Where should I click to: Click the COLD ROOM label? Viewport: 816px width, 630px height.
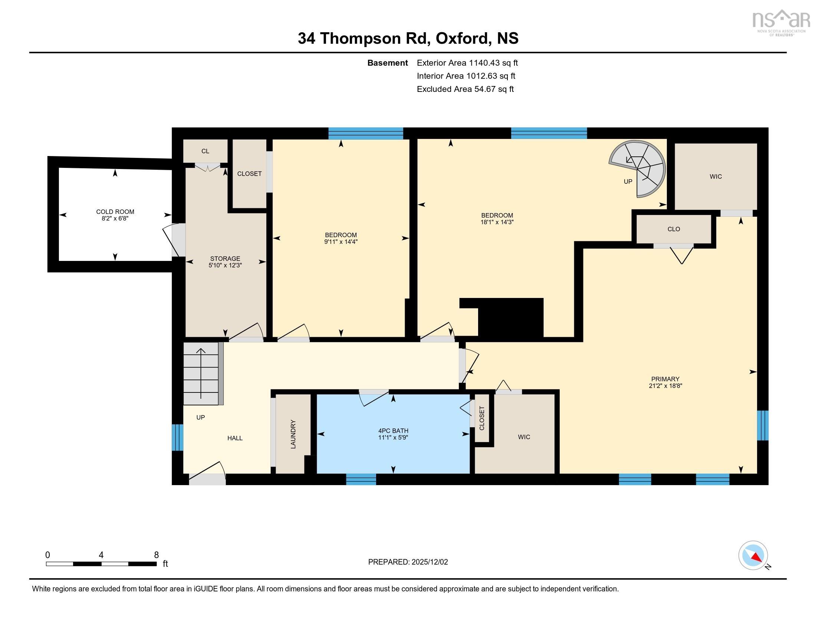pyautogui.click(x=115, y=215)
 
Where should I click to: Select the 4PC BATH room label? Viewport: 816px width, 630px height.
pyautogui.click(x=393, y=434)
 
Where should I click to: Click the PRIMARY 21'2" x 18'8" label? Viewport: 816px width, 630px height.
pyautogui.click(x=665, y=382)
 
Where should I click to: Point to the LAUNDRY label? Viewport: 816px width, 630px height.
pyautogui.click(x=293, y=434)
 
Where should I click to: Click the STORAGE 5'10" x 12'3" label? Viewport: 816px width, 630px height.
pyautogui.click(x=225, y=262)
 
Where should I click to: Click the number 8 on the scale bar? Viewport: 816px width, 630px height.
pyautogui.click(x=156, y=555)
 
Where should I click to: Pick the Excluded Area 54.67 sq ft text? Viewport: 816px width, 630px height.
pyautogui.click(x=465, y=89)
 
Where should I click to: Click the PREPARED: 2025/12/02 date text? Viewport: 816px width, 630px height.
pyautogui.click(x=408, y=562)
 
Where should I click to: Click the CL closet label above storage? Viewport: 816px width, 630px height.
pyautogui.click(x=205, y=151)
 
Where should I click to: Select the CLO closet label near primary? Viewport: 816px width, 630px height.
pyautogui.click(x=674, y=229)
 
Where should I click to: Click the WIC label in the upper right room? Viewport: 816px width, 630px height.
pyautogui.click(x=715, y=176)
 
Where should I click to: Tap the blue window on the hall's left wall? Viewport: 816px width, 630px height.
pyautogui.click(x=177, y=437)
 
